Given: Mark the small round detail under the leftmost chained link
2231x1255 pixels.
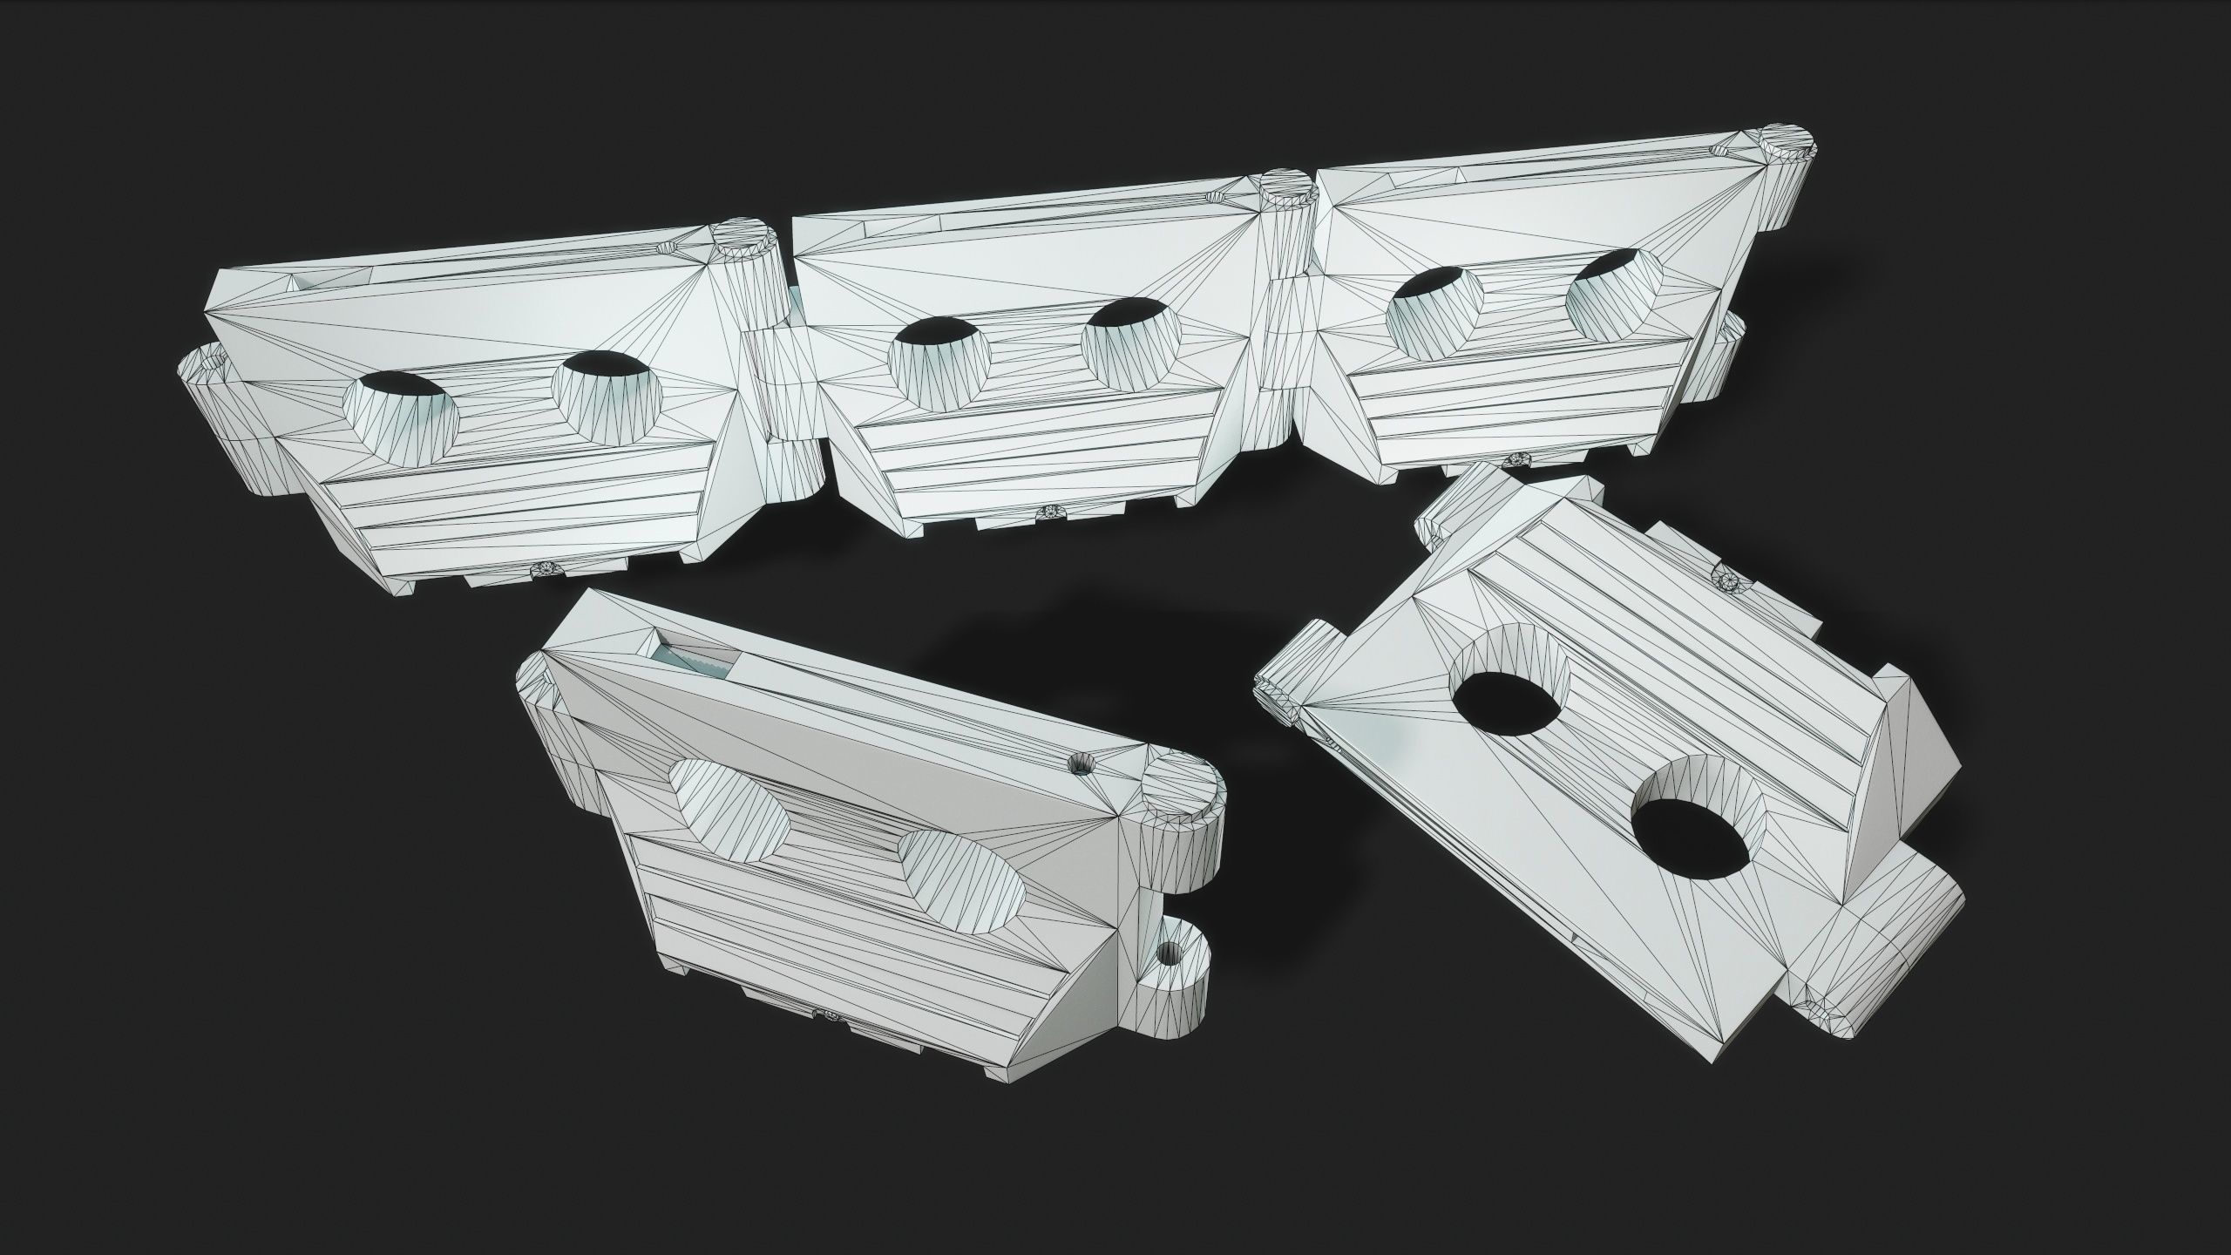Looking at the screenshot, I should click(x=545, y=569).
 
